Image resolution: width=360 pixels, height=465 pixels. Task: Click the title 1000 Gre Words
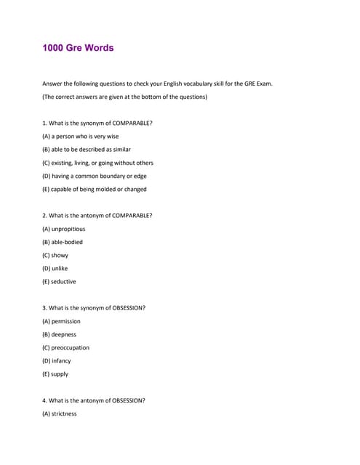(x=79, y=48)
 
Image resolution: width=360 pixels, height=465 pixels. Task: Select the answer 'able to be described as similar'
(x=87, y=150)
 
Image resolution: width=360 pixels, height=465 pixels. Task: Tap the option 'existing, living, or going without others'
(x=98, y=163)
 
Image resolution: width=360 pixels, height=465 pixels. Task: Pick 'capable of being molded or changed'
(x=95, y=189)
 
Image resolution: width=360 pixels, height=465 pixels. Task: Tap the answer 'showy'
(x=55, y=255)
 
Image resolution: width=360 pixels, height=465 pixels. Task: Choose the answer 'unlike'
(x=55, y=268)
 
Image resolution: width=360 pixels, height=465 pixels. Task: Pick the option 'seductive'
(x=59, y=281)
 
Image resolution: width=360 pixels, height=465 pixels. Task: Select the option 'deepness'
(x=59, y=334)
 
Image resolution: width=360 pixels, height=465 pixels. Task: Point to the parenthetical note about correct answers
(x=125, y=97)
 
